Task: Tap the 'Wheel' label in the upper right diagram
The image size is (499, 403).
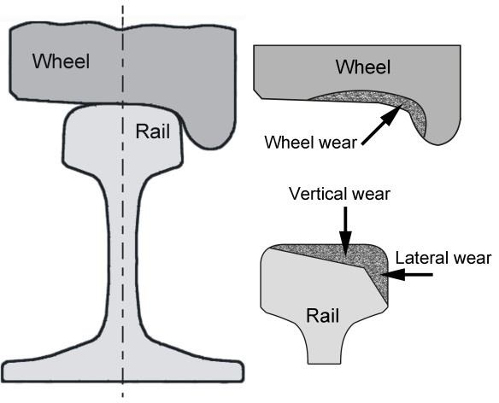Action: pos(363,67)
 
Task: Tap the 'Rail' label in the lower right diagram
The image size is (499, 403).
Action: pos(321,317)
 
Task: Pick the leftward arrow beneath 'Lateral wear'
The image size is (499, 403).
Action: pos(411,275)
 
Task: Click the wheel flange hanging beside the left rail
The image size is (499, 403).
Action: pos(209,128)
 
